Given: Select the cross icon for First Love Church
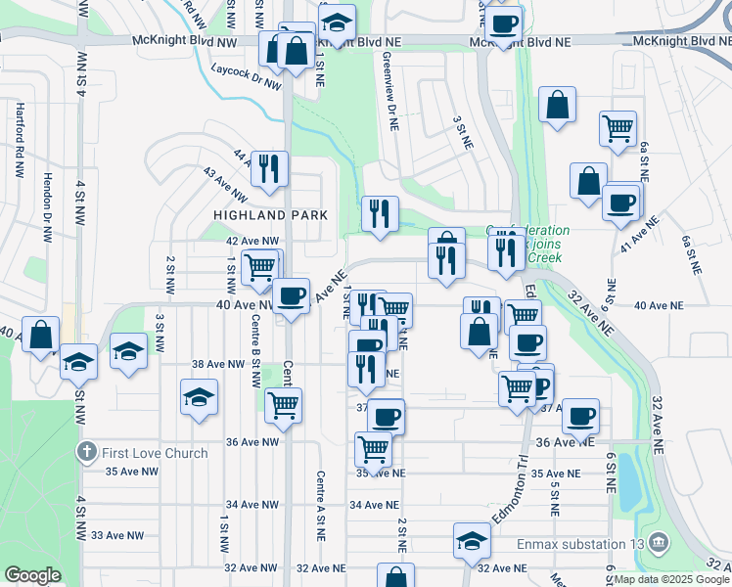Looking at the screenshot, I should [86, 453].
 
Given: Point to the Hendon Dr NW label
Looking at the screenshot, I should [46, 208].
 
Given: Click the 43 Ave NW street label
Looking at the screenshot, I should [223, 178].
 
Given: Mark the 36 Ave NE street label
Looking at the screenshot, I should [562, 442].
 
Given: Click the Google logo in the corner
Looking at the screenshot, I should [32, 575].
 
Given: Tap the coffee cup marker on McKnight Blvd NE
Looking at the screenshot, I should [504, 23].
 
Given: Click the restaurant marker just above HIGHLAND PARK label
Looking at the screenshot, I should [268, 168].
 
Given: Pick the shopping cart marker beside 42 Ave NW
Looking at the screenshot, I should [260, 267].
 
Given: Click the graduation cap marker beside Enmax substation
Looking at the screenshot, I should [472, 540].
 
